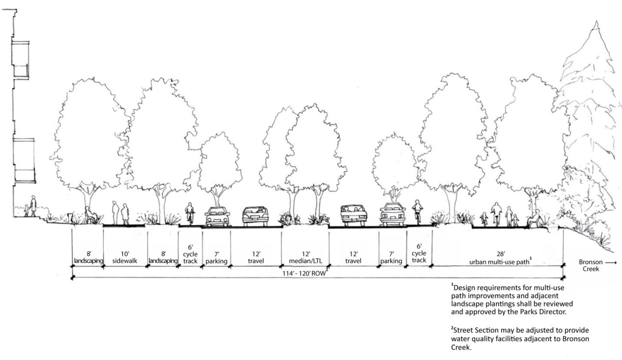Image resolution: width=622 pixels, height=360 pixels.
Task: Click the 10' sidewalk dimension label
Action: click(124, 257)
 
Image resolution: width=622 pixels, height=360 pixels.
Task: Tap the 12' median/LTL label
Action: click(306, 257)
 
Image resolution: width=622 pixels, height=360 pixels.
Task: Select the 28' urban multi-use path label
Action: click(500, 259)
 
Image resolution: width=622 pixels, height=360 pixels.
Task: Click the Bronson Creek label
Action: click(591, 265)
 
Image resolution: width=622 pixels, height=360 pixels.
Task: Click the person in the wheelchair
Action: click(89, 215)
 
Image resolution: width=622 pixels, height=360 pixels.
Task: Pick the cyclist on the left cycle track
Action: click(190, 213)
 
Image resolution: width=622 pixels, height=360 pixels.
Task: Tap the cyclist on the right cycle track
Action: click(417, 211)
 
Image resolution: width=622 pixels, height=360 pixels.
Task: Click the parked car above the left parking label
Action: click(217, 216)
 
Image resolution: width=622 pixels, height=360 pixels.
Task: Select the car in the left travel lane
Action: click(255, 216)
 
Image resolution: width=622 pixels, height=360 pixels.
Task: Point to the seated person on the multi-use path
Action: click(533, 218)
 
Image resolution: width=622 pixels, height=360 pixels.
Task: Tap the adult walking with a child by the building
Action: click(33, 206)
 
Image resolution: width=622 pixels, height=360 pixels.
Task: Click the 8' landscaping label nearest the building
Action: click(88, 257)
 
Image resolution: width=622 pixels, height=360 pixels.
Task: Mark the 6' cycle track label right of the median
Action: click(419, 253)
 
